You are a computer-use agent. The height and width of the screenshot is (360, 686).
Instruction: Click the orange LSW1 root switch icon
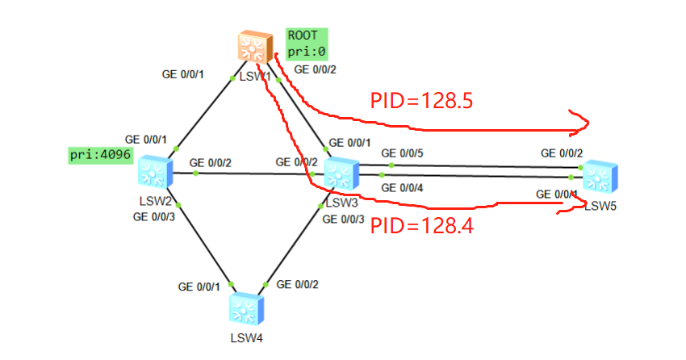tap(253, 48)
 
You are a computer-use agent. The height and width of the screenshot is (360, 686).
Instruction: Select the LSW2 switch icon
tap(155, 171)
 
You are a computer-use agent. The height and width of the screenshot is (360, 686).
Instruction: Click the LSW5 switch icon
tap(599, 177)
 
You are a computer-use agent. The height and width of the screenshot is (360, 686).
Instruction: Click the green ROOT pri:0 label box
tap(307, 43)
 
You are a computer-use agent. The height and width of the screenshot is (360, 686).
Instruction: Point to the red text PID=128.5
tap(420, 101)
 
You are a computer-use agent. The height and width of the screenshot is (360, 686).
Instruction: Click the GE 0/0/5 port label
tap(403, 153)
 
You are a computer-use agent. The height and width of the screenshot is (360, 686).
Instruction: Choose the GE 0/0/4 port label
tap(401, 188)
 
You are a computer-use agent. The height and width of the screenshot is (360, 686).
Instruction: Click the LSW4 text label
tap(247, 337)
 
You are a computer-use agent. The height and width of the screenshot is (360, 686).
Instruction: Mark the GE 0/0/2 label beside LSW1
tap(316, 69)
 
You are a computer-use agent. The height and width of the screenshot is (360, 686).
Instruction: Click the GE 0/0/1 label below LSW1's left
tap(183, 75)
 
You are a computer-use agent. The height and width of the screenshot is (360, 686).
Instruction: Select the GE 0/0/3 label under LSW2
tap(154, 216)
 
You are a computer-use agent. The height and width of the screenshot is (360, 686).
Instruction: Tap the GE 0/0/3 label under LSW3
tap(343, 219)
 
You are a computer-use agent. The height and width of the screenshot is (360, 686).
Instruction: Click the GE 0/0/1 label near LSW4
tap(199, 287)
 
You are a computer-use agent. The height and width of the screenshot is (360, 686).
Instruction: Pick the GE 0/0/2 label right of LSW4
tap(298, 285)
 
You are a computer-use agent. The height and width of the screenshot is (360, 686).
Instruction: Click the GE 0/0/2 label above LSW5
tap(562, 153)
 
